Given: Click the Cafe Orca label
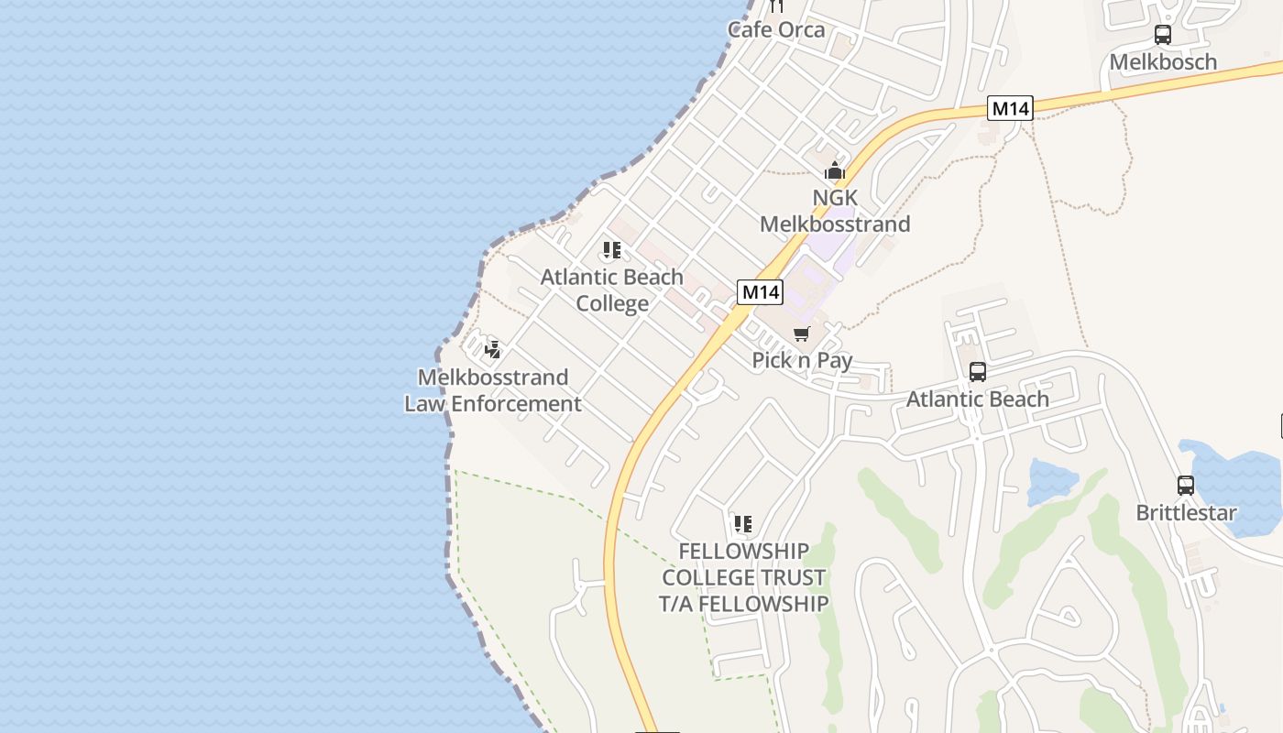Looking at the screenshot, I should pos(776,29).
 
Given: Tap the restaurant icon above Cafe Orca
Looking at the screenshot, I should pos(777,6).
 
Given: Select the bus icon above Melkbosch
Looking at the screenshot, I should pos(1163,36).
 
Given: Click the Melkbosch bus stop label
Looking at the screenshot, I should pos(1163,62).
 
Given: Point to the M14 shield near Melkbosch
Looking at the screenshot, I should pos(1011,108).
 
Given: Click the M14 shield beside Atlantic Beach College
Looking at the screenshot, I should pos(760,292).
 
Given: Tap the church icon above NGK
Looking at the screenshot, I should pos(834,170).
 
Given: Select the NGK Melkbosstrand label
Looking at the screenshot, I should pos(835,211).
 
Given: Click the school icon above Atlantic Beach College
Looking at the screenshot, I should pos(612,250).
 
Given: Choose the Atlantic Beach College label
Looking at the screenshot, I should pos(612,290).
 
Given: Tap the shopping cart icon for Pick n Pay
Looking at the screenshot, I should pos(802,334).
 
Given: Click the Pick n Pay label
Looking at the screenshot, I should pos(802,360).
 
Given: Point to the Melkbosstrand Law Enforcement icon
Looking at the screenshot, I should pos(493,349).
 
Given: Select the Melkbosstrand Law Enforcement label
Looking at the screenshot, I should pos(493,390).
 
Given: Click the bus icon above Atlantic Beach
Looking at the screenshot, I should pos(978,372).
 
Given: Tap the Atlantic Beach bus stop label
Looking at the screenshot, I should pos(978,399).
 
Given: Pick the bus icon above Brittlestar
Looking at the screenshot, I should pos(1186,486).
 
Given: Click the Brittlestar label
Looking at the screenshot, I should pos(1186,513).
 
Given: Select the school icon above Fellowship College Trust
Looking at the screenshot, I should pos(743,524).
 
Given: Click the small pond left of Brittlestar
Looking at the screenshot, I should pos(1051,480).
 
